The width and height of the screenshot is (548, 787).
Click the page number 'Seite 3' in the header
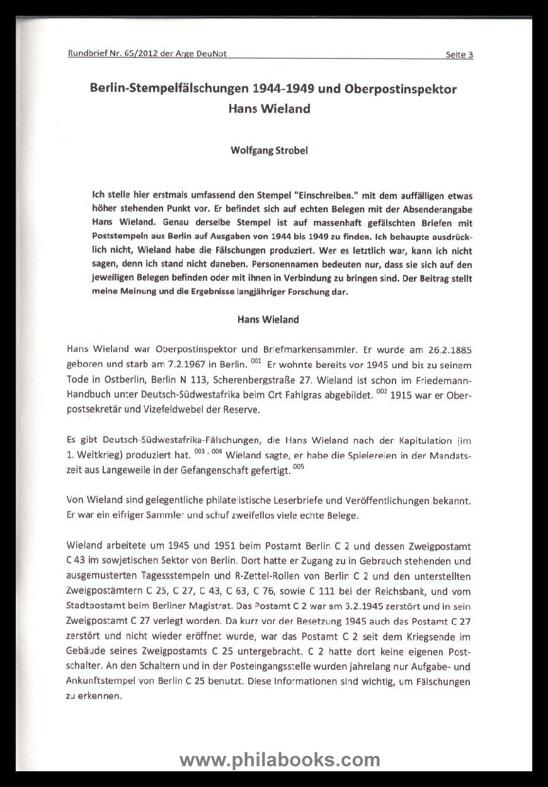click(459, 54)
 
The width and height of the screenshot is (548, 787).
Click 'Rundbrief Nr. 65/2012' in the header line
click(112, 54)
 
